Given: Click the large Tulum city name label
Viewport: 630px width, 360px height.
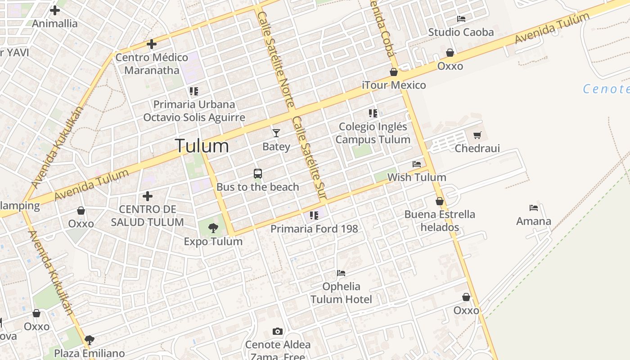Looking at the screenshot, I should tap(202, 146).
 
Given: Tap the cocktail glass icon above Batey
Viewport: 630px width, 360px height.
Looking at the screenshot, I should tap(276, 133).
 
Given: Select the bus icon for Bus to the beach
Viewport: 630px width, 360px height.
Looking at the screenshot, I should tap(258, 174).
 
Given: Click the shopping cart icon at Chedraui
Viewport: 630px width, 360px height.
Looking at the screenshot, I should tap(477, 135).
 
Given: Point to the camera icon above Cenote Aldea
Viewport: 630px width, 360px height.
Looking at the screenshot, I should tap(278, 332).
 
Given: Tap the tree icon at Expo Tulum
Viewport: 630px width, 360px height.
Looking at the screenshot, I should tap(213, 228).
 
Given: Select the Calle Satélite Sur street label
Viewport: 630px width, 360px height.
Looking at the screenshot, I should tap(309, 157).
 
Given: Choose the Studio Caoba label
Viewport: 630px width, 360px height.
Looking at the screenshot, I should tap(461, 32).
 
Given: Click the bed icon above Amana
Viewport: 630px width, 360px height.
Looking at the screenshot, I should tap(534, 208).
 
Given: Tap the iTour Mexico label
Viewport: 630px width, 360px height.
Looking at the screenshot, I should tap(394, 85).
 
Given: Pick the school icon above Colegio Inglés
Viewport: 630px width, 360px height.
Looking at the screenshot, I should tap(373, 113).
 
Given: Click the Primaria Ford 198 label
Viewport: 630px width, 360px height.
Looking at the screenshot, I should tap(314, 229).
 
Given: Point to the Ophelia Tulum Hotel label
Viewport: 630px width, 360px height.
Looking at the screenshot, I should tap(341, 293).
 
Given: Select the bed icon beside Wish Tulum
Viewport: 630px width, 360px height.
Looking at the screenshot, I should tap(417, 164).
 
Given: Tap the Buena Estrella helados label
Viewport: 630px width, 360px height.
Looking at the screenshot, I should tap(440, 220).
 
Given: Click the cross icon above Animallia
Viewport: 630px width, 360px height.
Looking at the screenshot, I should tap(55, 10).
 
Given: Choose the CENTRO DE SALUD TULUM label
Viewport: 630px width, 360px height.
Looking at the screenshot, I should tap(147, 216).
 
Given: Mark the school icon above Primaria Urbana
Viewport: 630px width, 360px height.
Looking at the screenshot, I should tap(194, 91).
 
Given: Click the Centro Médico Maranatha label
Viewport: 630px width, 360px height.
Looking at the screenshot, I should tap(152, 63).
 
